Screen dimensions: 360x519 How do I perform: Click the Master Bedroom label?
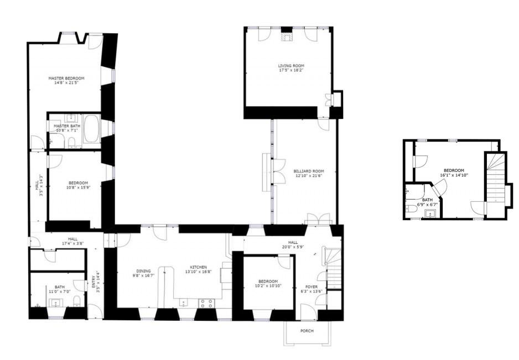(x=66, y=79)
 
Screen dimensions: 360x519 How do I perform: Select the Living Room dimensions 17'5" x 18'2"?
(x=291, y=70)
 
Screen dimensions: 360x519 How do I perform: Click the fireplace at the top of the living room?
(x=286, y=37)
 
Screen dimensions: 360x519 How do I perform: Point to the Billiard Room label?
(x=308, y=171)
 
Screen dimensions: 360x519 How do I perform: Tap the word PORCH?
(x=307, y=331)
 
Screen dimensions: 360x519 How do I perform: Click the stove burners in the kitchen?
(x=206, y=302)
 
